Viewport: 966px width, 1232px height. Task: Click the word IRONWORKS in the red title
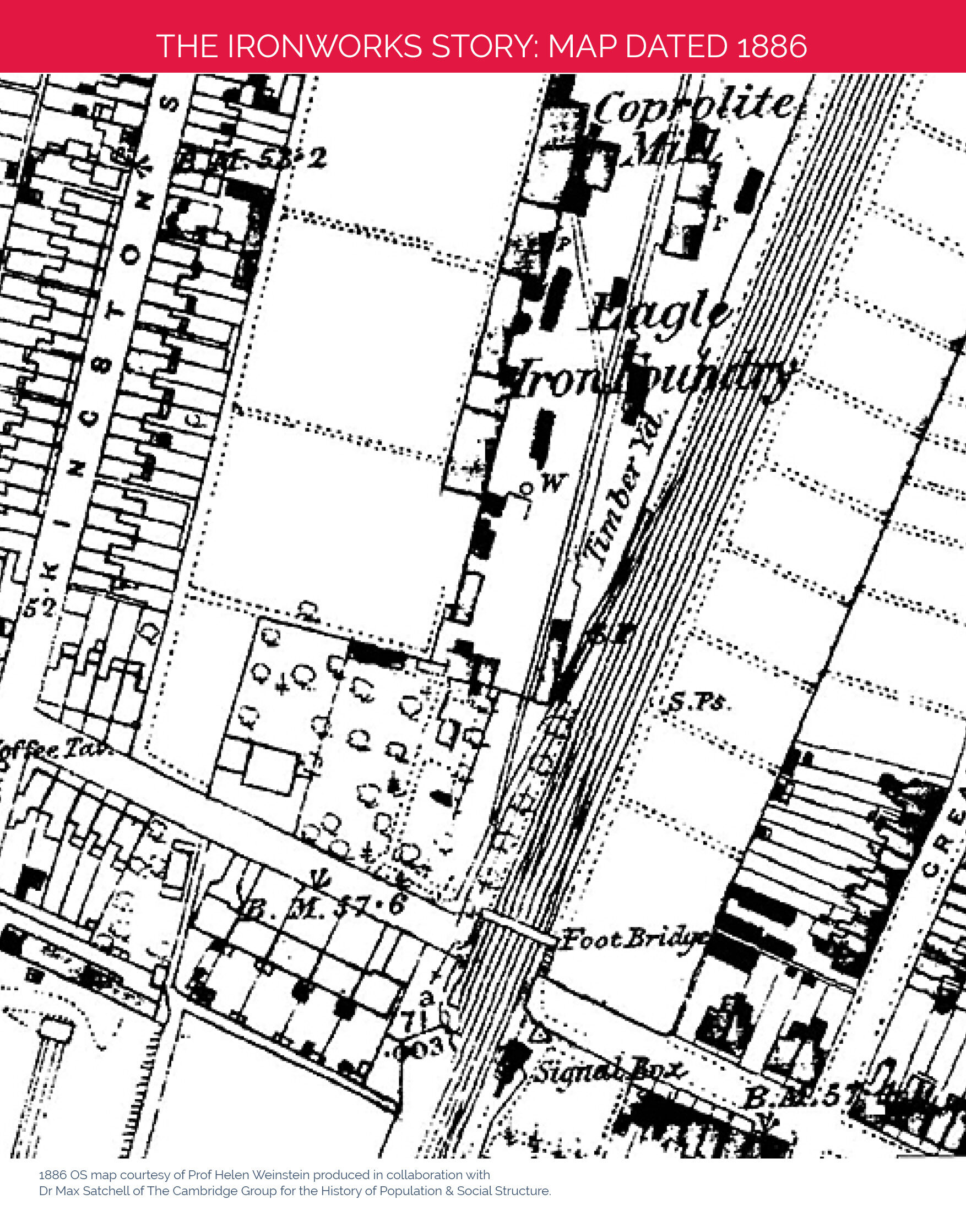point(324,46)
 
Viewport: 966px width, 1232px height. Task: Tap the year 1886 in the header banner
point(772,46)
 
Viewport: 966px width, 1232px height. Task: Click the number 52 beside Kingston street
point(40,608)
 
